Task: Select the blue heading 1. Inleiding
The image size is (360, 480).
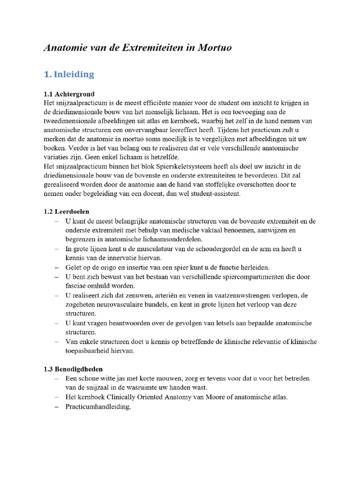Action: click(69, 74)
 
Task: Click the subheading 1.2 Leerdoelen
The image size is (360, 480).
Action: click(66, 212)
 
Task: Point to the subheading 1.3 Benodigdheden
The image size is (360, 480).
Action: click(73, 369)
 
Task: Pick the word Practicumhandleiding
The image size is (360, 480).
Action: click(98, 407)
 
